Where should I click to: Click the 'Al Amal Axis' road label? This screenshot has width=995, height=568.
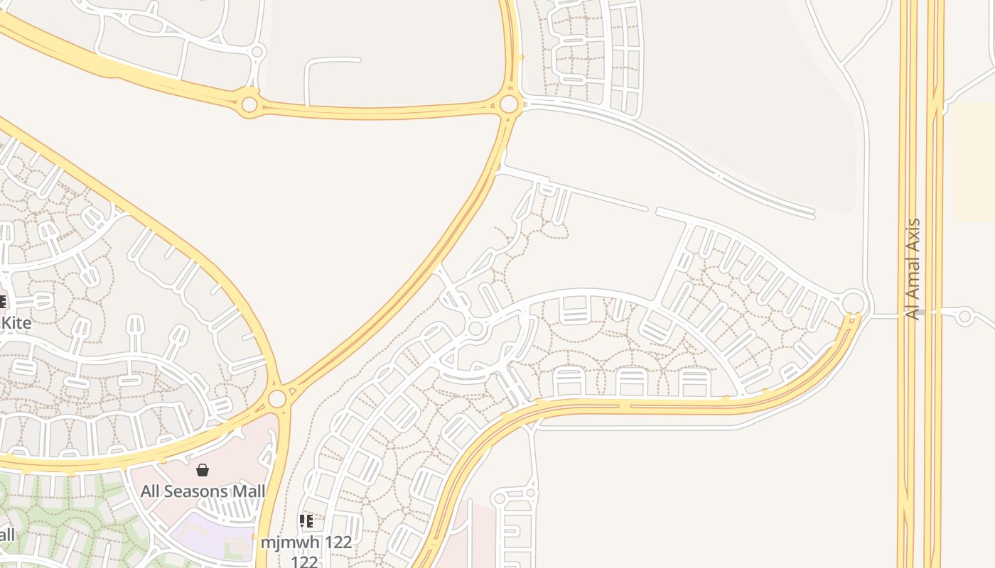tap(913, 269)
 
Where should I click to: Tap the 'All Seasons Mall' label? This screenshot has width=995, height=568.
tap(203, 491)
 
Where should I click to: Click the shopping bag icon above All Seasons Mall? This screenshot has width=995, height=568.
tap(203, 470)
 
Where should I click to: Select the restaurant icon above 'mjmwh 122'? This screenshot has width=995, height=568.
tap(306, 522)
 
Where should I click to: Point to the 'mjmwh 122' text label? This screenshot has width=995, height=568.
tap(306, 542)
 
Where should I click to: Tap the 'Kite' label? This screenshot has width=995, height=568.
tap(16, 323)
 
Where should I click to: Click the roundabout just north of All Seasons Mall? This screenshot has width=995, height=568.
tap(277, 398)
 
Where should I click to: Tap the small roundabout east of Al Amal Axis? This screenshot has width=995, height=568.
tap(964, 316)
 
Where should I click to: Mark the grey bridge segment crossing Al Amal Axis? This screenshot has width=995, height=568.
tap(919, 312)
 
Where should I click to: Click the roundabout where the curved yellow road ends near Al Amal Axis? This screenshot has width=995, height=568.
tap(854, 302)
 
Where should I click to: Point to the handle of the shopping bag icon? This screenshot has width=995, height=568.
tap(203, 466)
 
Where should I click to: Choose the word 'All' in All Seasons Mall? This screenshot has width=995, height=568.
tap(151, 491)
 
